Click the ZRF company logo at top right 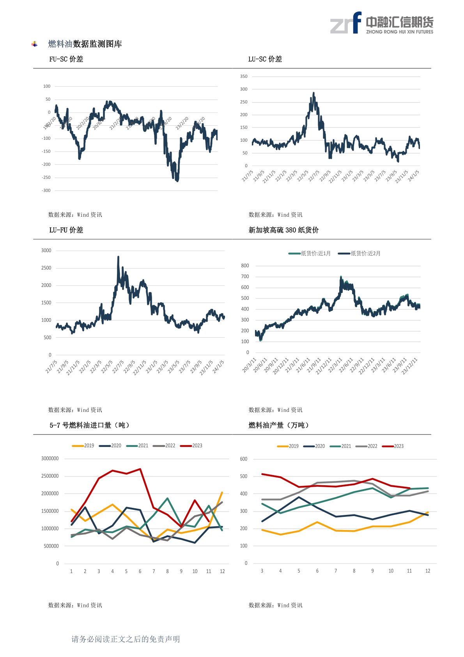coord(381,23)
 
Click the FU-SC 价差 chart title coord(66,59)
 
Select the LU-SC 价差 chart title coord(265,59)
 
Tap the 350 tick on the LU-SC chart coord(244,77)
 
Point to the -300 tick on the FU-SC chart coord(46,191)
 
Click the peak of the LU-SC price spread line coord(313,93)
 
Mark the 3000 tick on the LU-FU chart coord(46,251)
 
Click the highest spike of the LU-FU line coord(118,257)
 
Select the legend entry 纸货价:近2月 coord(360,254)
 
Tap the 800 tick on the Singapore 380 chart coord(245,266)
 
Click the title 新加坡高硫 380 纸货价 coord(283,230)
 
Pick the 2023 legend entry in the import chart coord(191,446)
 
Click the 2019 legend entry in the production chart coord(288,446)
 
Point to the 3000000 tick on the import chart coord(50,459)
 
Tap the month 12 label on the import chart coord(222,572)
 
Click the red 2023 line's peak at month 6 coord(140,469)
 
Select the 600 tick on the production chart coord(244,459)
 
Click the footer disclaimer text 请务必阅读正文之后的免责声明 coord(126,639)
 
